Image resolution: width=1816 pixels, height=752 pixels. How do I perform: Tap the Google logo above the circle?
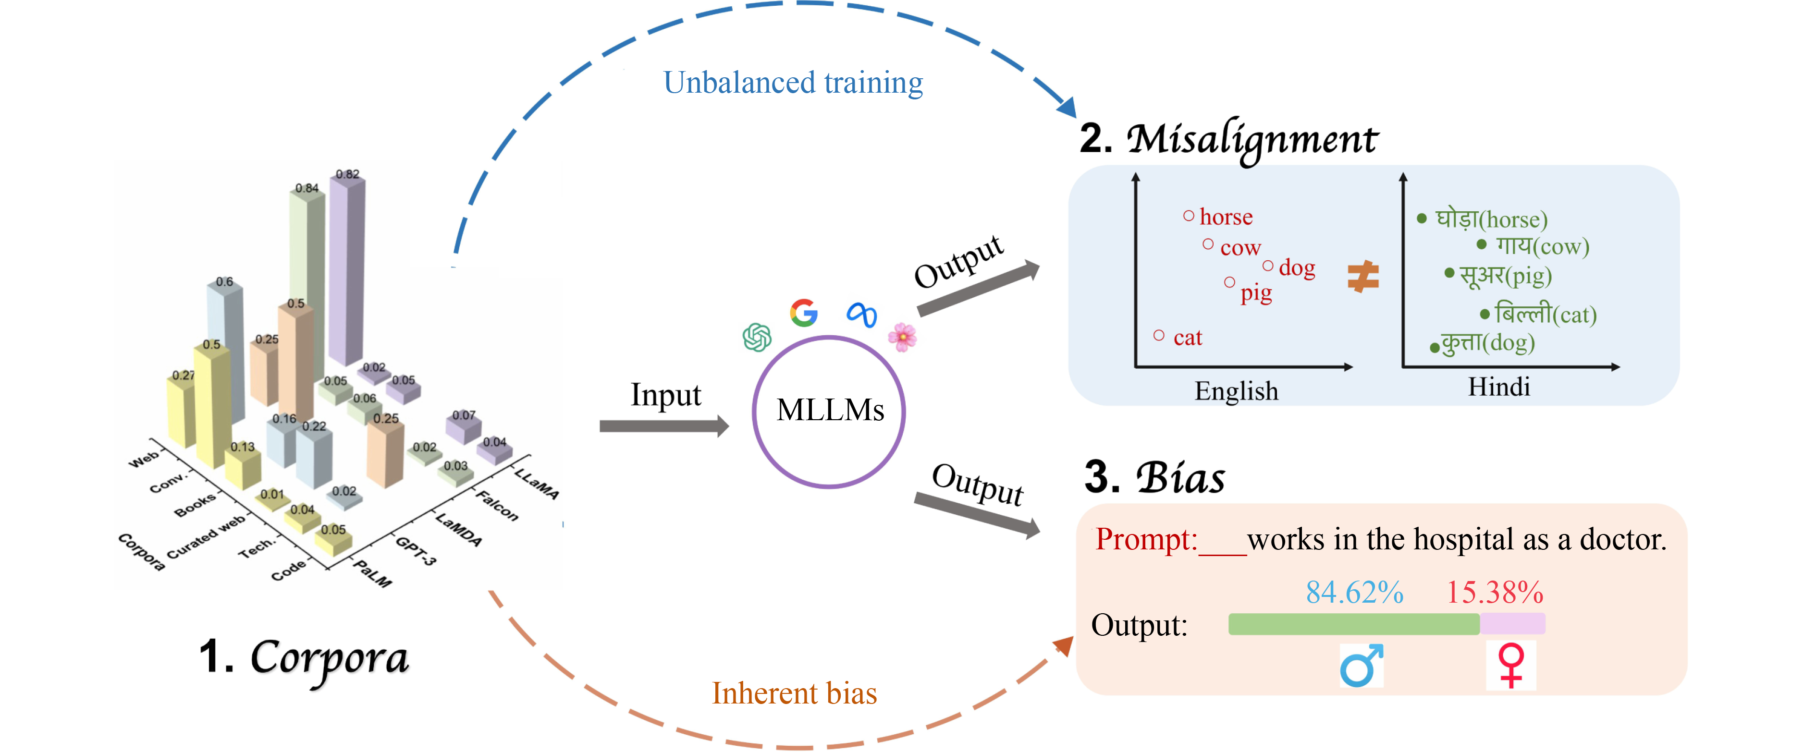(x=804, y=312)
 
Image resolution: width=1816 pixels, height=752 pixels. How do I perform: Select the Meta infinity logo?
(x=861, y=315)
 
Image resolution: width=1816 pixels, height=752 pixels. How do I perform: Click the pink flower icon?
(x=902, y=337)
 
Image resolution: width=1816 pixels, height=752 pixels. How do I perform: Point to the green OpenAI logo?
(x=757, y=337)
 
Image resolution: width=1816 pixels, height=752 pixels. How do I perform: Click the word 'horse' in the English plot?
(x=1226, y=217)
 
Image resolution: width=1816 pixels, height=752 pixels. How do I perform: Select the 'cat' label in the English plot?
(x=1187, y=338)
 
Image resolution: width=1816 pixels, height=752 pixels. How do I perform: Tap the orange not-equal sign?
(x=1362, y=276)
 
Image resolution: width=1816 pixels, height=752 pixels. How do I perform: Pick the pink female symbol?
(x=1511, y=665)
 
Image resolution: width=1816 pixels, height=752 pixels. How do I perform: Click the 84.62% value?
(x=1354, y=592)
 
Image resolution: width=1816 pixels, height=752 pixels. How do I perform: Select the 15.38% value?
(x=1495, y=592)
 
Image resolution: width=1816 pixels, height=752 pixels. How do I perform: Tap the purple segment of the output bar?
(x=1513, y=624)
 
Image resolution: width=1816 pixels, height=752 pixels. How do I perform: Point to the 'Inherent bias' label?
(x=795, y=693)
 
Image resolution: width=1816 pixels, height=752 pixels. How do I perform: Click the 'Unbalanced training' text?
(x=793, y=83)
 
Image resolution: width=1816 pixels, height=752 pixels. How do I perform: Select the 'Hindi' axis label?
(x=1499, y=387)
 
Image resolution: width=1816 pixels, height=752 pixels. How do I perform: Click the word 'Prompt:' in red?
(x=1146, y=540)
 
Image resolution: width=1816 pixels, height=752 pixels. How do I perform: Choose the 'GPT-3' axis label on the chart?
(x=416, y=550)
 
